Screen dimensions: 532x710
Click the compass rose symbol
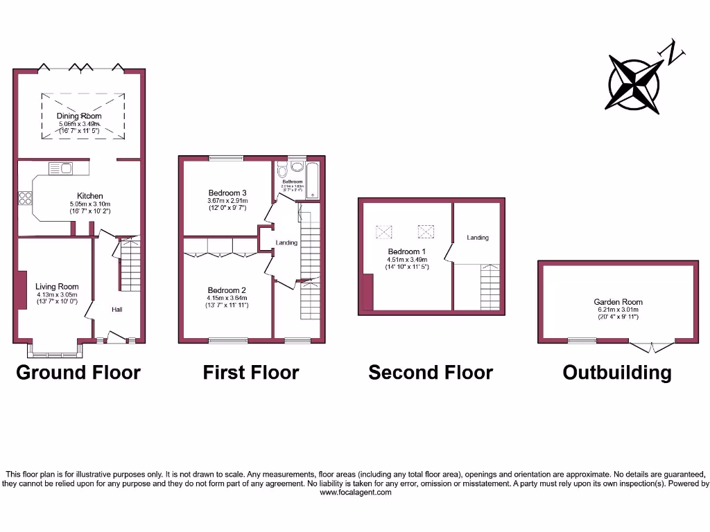(x=634, y=84)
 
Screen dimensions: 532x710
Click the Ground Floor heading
(x=78, y=373)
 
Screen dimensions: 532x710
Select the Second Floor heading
(x=430, y=373)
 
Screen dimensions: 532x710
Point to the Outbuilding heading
(x=616, y=373)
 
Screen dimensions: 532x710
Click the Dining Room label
(x=79, y=116)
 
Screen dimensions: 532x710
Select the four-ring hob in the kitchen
(x=25, y=198)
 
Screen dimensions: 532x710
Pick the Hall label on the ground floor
(x=117, y=310)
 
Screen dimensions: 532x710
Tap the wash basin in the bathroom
(x=297, y=167)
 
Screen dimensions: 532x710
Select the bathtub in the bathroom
(x=313, y=180)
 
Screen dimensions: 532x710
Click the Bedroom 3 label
(x=227, y=193)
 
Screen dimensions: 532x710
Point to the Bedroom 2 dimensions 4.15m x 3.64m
(x=227, y=299)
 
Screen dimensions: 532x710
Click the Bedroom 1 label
(x=404, y=251)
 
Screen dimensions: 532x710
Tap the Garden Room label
(x=618, y=302)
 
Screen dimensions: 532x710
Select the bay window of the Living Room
(x=57, y=350)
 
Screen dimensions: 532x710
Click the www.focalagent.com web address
(x=355, y=493)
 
